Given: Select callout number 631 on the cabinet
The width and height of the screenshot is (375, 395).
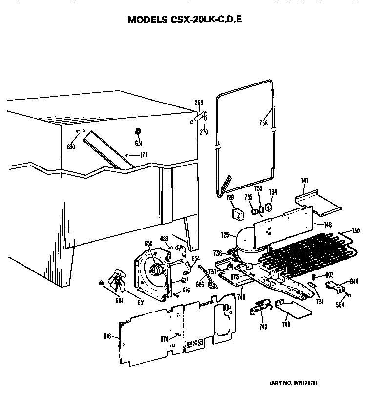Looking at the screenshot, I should pos(138,143).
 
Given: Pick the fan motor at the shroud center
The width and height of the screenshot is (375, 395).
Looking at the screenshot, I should pos(157,267).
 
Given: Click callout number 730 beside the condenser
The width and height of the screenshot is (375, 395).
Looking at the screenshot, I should pos(355,231).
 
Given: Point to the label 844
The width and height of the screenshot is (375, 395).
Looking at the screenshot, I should pos(355,280).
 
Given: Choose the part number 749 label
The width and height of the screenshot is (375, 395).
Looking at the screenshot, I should pos(288,324).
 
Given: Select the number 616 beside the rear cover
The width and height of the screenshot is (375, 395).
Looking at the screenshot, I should pos(108,336).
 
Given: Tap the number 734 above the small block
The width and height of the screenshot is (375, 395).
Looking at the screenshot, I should pos(273,192).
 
